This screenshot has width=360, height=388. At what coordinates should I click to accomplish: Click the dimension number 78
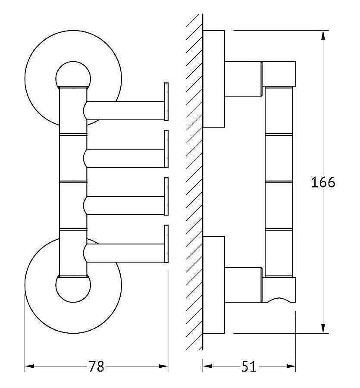click(x=97, y=366)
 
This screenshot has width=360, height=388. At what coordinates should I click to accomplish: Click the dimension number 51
click(x=248, y=366)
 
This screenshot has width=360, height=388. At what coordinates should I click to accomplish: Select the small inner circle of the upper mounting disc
click(x=73, y=78)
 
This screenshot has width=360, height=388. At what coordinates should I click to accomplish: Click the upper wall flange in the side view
click(x=214, y=79)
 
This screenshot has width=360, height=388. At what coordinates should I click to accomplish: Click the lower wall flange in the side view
click(x=214, y=285)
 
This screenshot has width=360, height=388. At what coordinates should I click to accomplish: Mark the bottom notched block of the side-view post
click(x=279, y=290)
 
